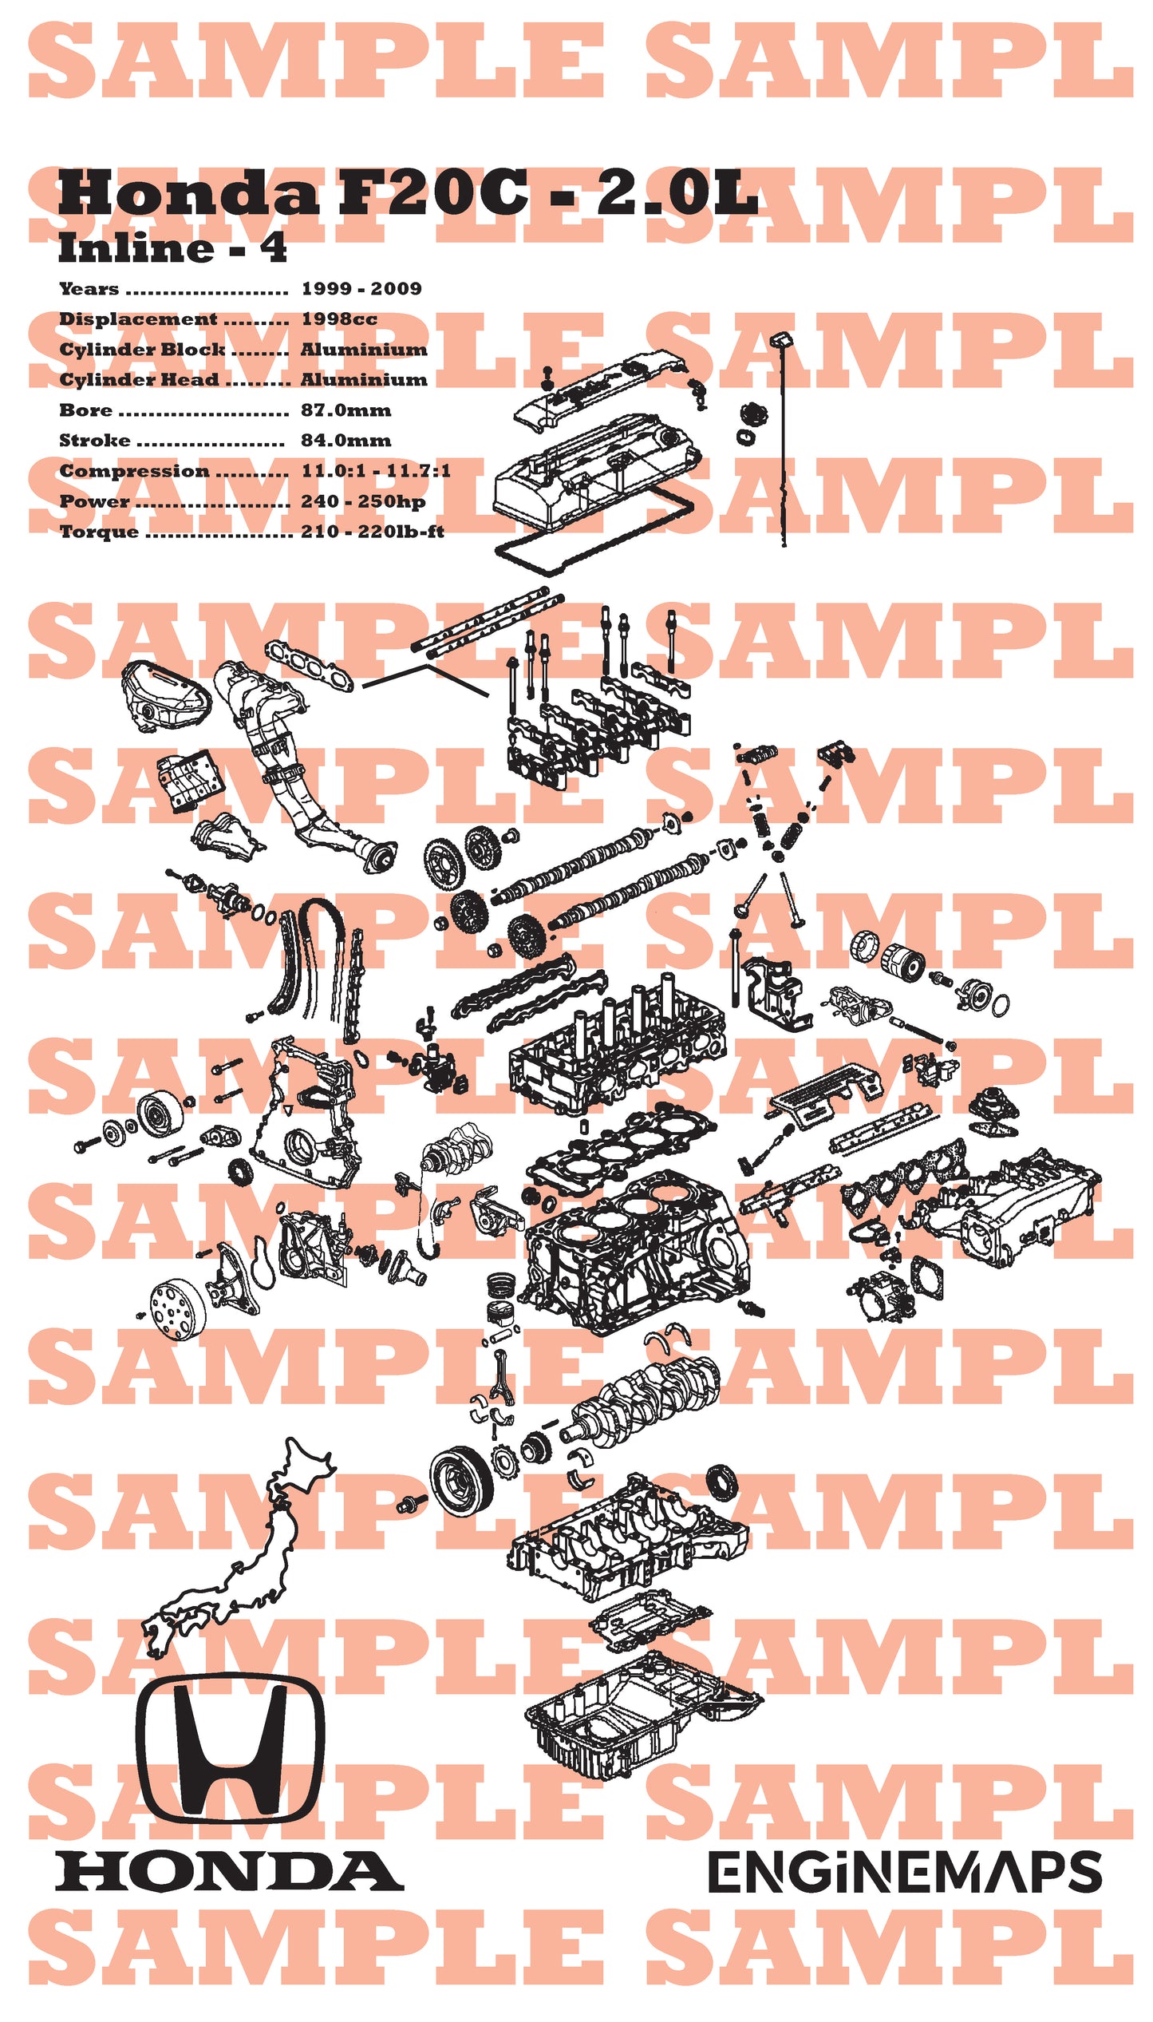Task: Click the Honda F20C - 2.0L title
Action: coord(407,194)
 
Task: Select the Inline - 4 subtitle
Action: coord(172,248)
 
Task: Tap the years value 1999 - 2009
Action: coord(361,289)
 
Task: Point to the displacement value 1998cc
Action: coord(338,319)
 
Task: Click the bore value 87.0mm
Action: coord(346,410)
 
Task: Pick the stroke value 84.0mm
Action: coord(346,441)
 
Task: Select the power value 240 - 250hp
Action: coord(362,501)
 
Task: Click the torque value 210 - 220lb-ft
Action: coord(372,532)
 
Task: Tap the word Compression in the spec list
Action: coord(134,471)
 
